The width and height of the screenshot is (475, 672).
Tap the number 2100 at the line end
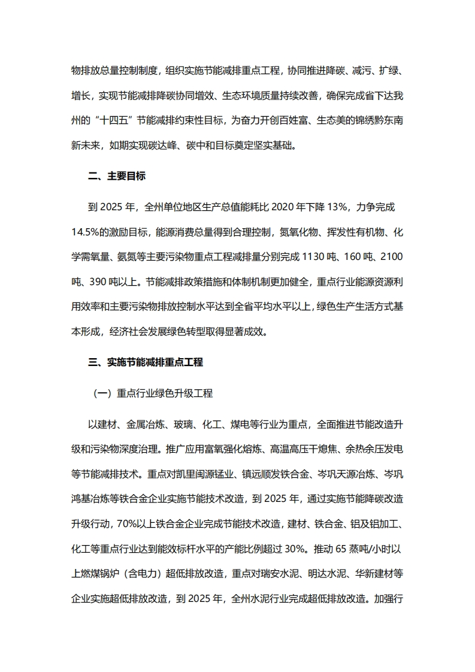[392, 257]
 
